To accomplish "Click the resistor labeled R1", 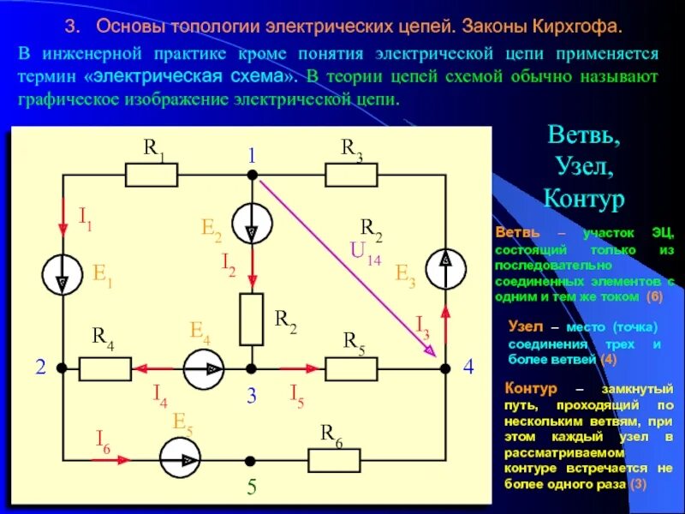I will point(152,176).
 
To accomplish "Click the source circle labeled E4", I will point(204,369).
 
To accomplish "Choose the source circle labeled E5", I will point(181,460).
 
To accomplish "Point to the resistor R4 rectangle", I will point(106,369).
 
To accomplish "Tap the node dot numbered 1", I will point(253,175).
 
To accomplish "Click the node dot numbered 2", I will point(62,368).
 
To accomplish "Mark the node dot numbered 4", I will point(445,368).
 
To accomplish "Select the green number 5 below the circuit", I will point(252,487).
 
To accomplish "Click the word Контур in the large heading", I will point(584,199).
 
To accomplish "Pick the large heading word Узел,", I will point(584,167).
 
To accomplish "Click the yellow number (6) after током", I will point(654,296).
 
